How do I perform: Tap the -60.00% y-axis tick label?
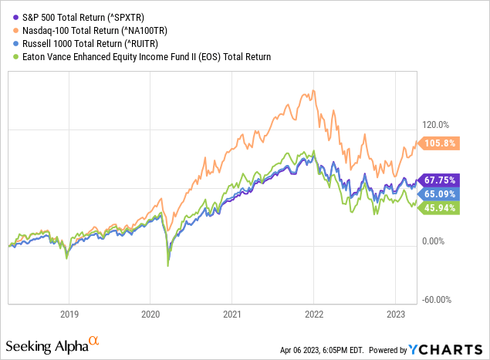click(436, 300)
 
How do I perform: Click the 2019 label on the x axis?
click(69, 314)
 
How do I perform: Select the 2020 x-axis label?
click(150, 314)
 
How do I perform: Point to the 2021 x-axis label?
click(232, 314)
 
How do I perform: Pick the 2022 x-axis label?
click(314, 314)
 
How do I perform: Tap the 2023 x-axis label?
click(395, 314)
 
